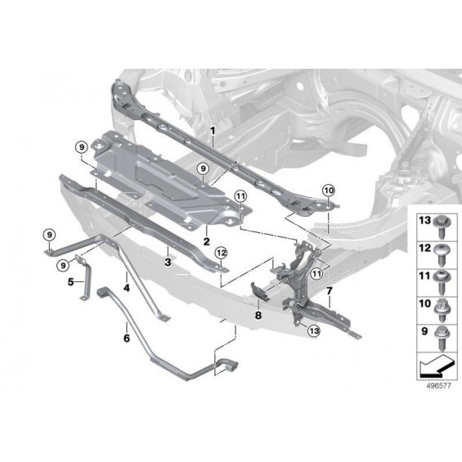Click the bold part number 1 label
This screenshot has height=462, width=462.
(x=213, y=130)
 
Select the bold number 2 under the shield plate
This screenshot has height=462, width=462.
(x=207, y=241)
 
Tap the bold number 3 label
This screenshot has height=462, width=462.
(x=168, y=262)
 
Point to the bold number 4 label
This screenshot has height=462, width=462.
(x=127, y=288)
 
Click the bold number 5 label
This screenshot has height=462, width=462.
(x=70, y=282)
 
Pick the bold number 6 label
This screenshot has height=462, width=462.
(x=127, y=338)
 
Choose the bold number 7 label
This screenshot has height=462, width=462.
(x=330, y=291)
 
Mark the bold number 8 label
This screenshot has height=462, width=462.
(x=258, y=316)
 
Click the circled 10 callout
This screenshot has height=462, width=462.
(x=329, y=191)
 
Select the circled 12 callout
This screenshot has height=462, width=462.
(x=222, y=253)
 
